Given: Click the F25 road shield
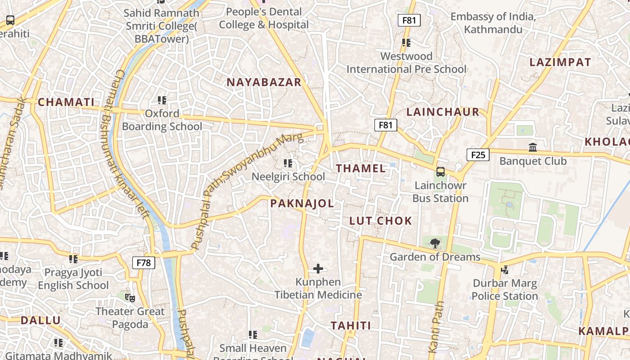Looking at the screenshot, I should pos(478,155).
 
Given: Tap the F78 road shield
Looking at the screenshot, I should pos(144,263).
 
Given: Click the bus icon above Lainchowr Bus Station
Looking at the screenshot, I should pos(440,171).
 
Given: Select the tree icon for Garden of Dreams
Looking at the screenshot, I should pos(435,243).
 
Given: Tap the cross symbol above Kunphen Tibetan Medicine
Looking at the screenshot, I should pos(318,269).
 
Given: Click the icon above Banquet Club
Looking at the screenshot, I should pos(533,147).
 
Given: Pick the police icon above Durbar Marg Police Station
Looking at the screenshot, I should pos(504,270).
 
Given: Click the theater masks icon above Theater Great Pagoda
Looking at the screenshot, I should pos(130,297).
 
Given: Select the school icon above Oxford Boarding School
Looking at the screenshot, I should pos(162,100).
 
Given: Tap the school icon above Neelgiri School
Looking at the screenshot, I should pos(288,163).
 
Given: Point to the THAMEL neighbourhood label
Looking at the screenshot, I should pos(361,169).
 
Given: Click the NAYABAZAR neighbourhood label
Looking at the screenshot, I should pos(264,82).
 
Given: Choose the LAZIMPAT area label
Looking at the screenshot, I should pos(560,62).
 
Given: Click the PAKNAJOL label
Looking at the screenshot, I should pos(302,203).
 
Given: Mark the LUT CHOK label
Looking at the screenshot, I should pos(381,220).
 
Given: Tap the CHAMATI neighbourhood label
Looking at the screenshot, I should pos(66,102).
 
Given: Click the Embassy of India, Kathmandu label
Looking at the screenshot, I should pos(493,23).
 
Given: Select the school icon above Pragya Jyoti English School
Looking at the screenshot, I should pos(73,259).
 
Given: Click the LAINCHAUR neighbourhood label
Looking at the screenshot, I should pos(443,112).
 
